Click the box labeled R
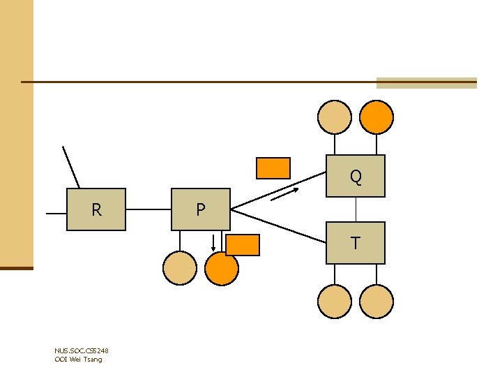click(x=96, y=209)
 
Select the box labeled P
click(x=200, y=209)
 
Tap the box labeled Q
click(x=356, y=176)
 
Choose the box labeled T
click(x=356, y=243)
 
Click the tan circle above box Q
click(x=334, y=117)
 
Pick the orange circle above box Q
click(x=376, y=117)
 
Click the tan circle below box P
click(x=180, y=268)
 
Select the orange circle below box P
click(x=222, y=268)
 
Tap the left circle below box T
click(x=334, y=302)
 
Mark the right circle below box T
click(x=376, y=302)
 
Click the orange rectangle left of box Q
click(x=273, y=168)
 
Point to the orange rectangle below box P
click(x=243, y=245)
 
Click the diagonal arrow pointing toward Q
click(x=284, y=195)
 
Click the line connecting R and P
click(x=149, y=209)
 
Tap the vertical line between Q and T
click(x=356, y=209)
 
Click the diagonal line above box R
click(x=70, y=167)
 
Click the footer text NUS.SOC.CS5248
click(x=81, y=350)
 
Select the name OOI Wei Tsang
click(x=78, y=359)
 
